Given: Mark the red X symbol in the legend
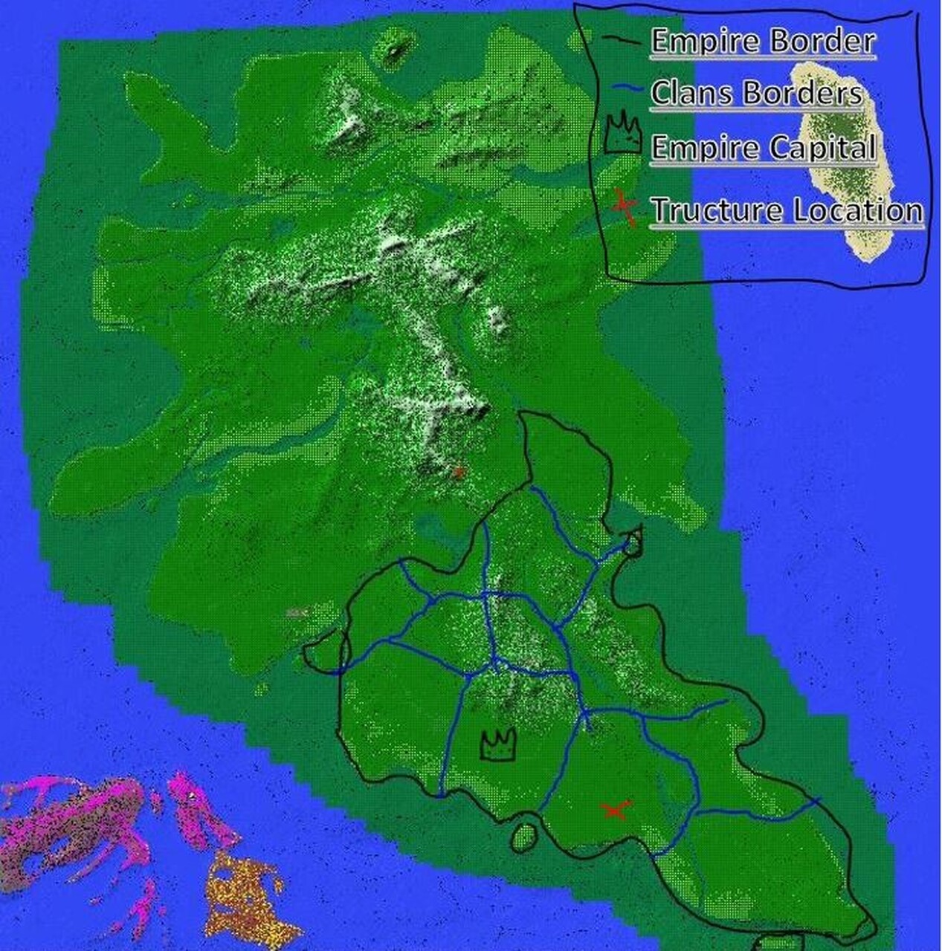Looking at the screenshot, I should [624, 208].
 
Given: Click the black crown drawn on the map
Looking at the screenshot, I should [498, 746].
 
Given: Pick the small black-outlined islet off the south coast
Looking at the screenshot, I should [525, 837].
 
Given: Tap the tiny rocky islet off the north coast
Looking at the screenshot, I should [395, 51].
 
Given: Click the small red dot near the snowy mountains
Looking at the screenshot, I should [459, 472].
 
